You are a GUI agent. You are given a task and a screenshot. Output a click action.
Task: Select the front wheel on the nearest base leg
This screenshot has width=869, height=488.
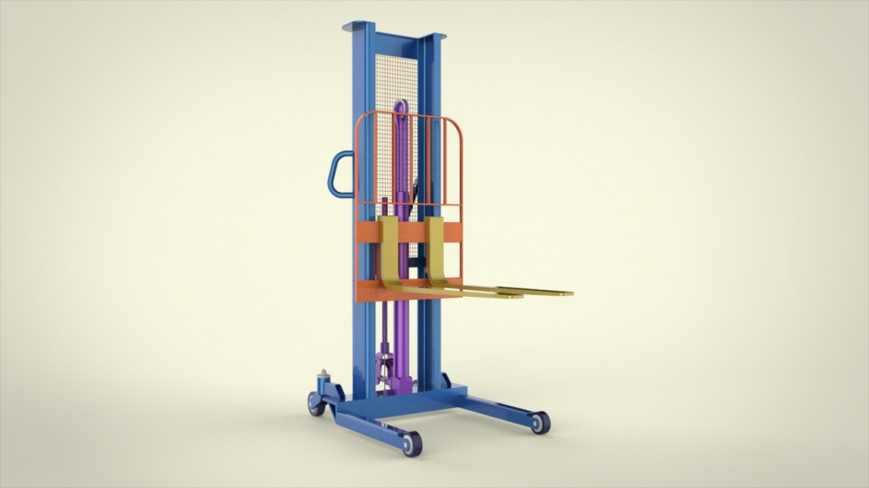(411, 444)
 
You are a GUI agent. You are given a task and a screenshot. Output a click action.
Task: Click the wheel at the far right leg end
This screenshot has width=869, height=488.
(540, 423)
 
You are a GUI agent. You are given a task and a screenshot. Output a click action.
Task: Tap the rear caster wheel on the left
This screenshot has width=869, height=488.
(315, 404)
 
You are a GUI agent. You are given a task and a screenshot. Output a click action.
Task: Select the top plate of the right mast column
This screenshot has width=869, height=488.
(432, 37)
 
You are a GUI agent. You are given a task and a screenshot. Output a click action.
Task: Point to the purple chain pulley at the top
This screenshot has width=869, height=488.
(401, 109)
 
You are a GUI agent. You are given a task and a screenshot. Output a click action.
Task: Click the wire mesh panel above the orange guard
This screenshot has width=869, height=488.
(395, 78)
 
